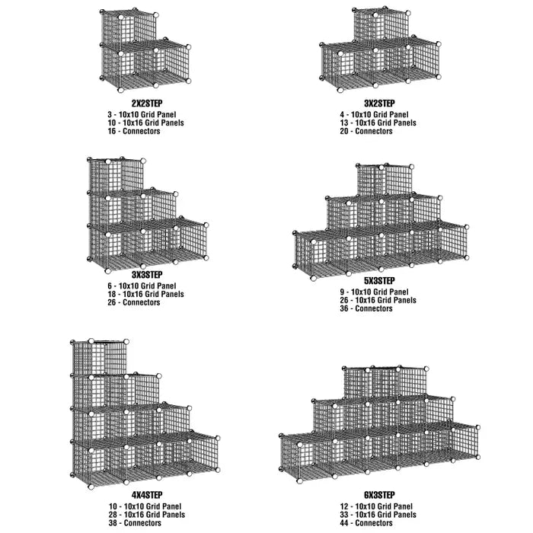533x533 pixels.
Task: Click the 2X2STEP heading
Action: coord(146,103)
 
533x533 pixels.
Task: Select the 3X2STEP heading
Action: coord(378,103)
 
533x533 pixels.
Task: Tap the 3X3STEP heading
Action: coord(146,274)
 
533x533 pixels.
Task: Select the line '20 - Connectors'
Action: coord(366,131)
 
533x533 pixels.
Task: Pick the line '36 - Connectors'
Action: coord(366,308)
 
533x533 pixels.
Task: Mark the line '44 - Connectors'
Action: coord(366,523)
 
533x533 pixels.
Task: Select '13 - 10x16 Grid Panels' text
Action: coord(378,122)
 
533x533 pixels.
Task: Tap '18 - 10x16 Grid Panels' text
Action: coord(146,293)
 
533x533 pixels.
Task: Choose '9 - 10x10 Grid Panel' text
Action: coord(375,291)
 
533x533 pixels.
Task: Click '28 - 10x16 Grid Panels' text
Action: coord(146,514)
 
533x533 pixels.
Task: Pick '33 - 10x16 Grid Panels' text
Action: coord(378,514)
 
